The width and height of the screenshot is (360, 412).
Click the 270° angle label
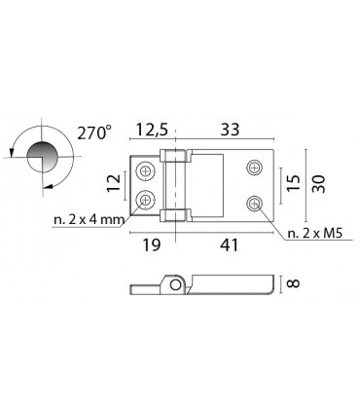tap(94, 132)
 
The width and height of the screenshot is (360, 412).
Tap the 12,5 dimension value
tap(152, 130)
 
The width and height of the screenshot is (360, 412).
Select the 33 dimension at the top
tap(230, 130)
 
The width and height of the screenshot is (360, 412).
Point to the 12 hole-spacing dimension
tap(114, 183)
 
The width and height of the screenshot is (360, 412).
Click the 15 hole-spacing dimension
tap(294, 183)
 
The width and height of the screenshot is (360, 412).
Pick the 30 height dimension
tap(318, 184)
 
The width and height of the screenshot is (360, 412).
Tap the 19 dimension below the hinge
tap(152, 244)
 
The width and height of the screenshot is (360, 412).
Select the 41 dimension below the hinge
tap(229, 244)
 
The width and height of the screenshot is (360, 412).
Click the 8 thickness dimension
tap(294, 283)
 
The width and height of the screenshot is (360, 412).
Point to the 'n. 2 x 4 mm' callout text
tap(90, 220)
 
